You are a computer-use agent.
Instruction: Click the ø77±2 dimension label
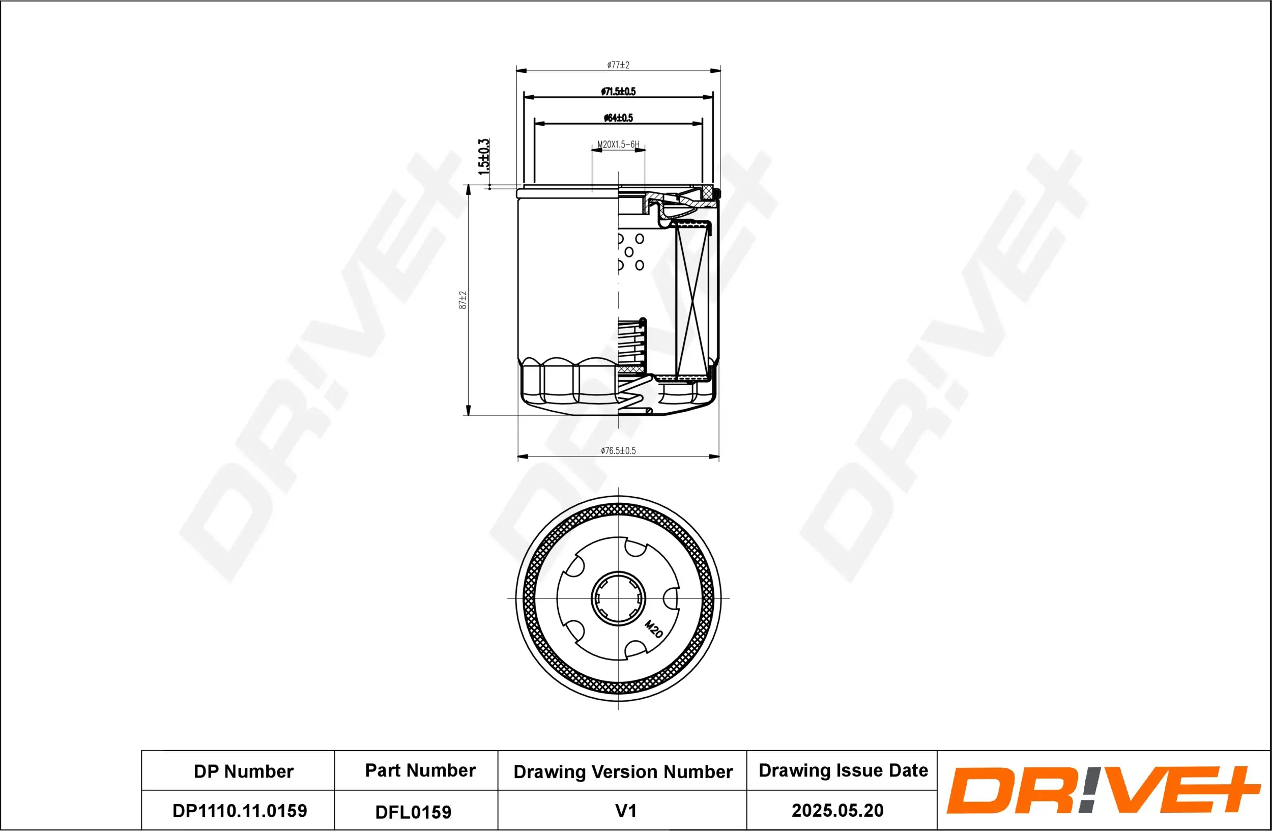pyautogui.click(x=618, y=65)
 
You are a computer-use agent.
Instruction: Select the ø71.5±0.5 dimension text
pyautogui.click(x=618, y=92)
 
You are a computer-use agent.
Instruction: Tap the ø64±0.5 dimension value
pyautogui.click(x=618, y=118)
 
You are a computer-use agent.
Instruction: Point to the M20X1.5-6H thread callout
pyautogui.click(x=618, y=145)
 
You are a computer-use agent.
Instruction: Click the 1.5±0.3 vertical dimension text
pyautogui.click(x=484, y=157)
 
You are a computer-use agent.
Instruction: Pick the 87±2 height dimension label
pyautogui.click(x=463, y=300)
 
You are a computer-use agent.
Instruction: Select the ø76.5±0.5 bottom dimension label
pyautogui.click(x=618, y=450)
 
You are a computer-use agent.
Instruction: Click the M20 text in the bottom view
pyautogui.click(x=654, y=629)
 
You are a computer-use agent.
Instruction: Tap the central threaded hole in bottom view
pyautogui.click(x=618, y=598)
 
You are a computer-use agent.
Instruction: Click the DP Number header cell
pyautogui.click(x=243, y=771)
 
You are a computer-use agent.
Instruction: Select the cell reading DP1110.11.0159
pyautogui.click(x=240, y=811)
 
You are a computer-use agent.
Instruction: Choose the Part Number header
pyautogui.click(x=420, y=770)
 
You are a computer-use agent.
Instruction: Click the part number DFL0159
pyautogui.click(x=413, y=812)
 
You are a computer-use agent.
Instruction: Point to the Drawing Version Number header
pyautogui.click(x=623, y=771)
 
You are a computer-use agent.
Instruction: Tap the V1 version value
pyautogui.click(x=625, y=811)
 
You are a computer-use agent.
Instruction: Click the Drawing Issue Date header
pyautogui.click(x=843, y=770)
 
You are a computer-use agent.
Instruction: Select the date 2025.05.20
pyautogui.click(x=837, y=810)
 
